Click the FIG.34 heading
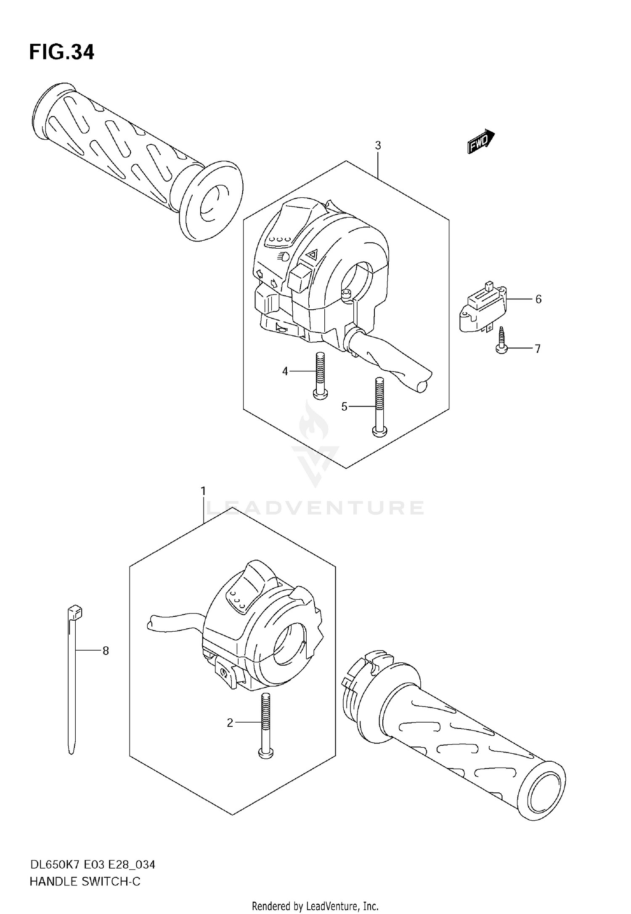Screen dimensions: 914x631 pos(62,52)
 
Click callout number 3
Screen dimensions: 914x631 pos(378,146)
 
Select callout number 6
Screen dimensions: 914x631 pos(538,299)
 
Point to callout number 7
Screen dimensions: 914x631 pos(537,348)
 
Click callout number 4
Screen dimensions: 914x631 pos(285,371)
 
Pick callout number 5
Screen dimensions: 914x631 pos(344,407)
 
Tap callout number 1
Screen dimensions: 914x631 pos(203,491)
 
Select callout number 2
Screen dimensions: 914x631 pos(230,723)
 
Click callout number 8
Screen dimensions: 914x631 pos(106,651)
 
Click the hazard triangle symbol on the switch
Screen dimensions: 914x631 pos(311,254)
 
